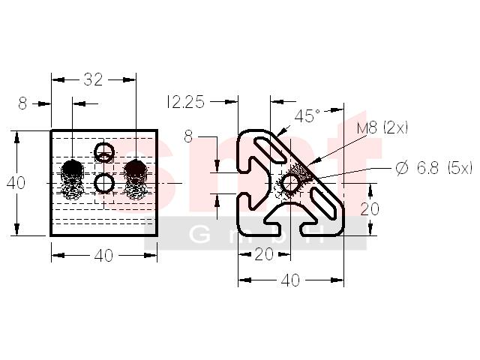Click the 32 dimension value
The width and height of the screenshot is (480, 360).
point(93,80)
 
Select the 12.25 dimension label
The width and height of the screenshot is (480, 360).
point(185,102)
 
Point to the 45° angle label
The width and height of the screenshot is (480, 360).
point(307,116)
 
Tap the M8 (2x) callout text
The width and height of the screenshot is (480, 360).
point(382,127)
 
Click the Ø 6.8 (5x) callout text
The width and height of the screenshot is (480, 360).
point(433,168)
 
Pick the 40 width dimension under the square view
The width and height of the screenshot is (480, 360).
point(103,256)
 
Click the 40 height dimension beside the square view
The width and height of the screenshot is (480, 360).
point(16,183)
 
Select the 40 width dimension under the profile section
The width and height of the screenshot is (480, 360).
point(290,280)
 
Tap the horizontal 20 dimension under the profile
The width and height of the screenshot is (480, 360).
point(264,254)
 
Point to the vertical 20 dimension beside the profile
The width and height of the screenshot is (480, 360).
point(370,209)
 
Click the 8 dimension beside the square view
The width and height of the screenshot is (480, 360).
point(22,103)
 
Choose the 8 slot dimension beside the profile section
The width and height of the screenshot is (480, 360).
point(188,136)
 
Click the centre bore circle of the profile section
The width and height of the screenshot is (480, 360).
point(290,183)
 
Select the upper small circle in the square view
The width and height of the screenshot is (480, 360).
point(104,152)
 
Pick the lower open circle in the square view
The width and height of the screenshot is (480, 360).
point(104,183)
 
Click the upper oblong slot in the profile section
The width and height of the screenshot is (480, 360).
point(271,149)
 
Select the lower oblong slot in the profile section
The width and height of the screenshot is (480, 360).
point(324,203)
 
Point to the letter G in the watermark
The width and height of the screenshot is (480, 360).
point(200,235)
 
